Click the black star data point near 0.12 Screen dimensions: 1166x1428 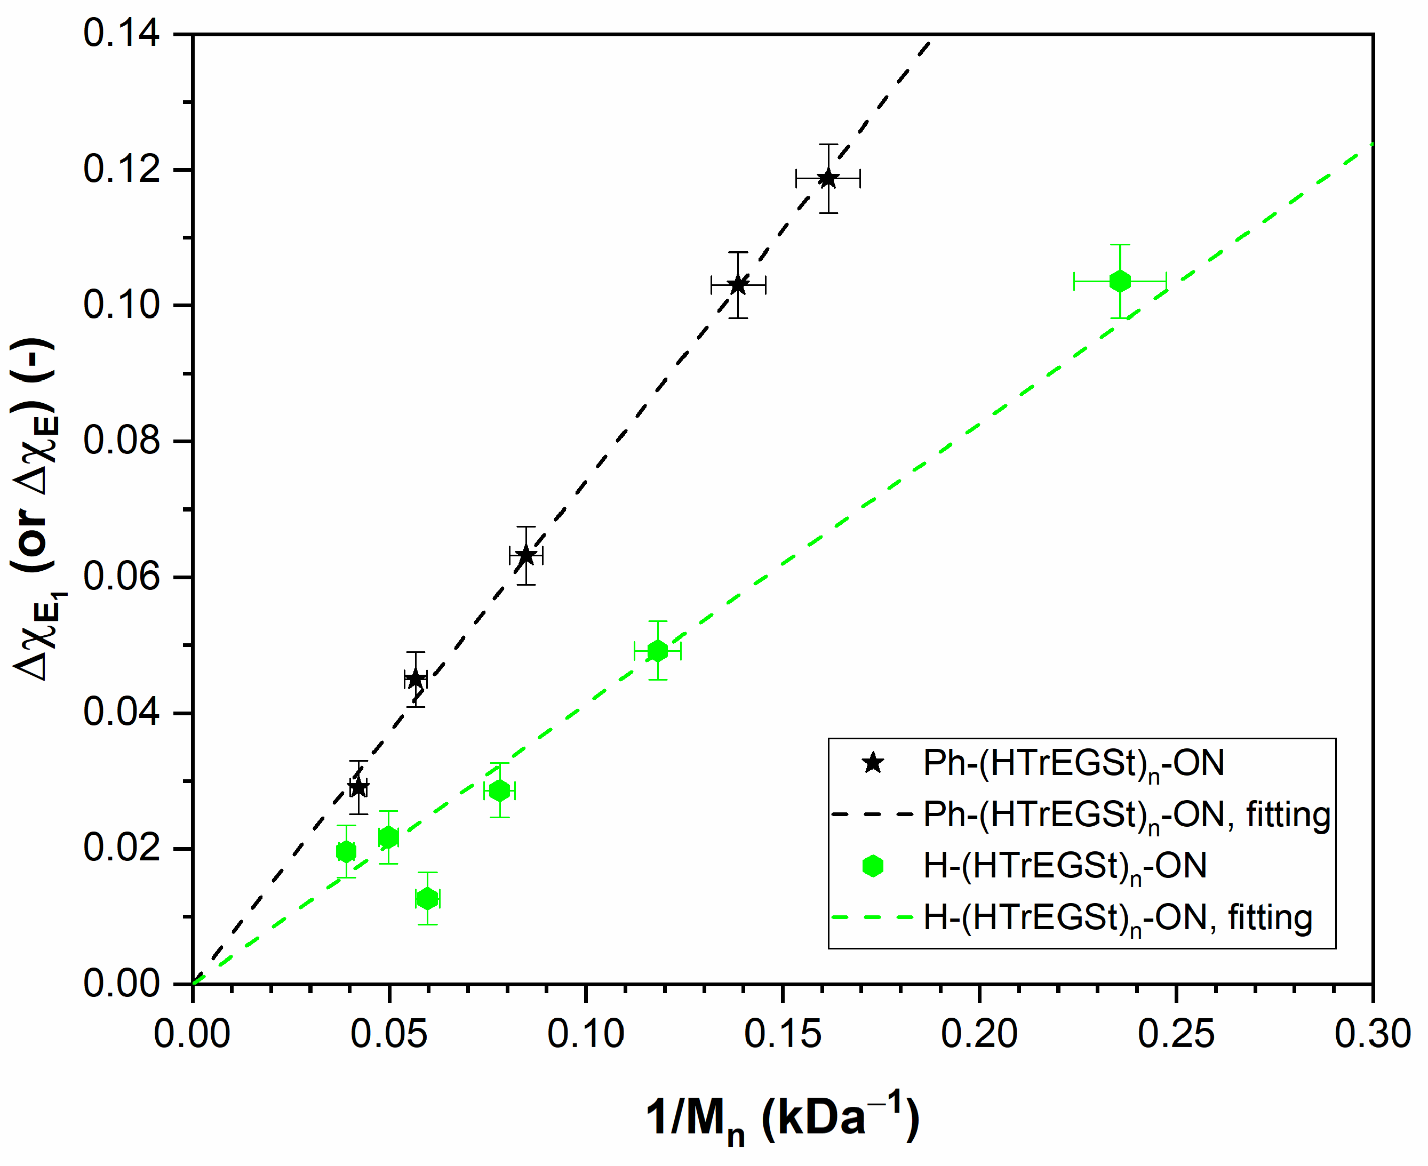point(827,179)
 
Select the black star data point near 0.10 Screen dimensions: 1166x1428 point(738,285)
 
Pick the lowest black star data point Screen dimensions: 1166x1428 point(358,787)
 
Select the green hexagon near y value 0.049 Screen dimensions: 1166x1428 point(658,651)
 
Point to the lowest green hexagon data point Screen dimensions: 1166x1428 point(427,899)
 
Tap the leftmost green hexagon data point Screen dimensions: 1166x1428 point(346,852)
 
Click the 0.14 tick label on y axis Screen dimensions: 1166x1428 point(122,34)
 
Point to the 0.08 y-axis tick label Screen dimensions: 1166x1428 point(122,441)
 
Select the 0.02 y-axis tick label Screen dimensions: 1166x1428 point(122,848)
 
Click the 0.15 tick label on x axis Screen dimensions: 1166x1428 point(783,1034)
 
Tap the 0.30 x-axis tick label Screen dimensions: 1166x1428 point(1372,1034)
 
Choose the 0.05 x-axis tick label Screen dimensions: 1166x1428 point(389,1034)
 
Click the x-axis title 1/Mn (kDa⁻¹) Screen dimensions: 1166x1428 point(783,1119)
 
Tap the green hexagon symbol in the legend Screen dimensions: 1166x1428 point(873,866)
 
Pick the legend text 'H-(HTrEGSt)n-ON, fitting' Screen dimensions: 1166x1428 point(1118,918)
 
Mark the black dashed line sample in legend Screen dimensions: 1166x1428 point(873,814)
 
